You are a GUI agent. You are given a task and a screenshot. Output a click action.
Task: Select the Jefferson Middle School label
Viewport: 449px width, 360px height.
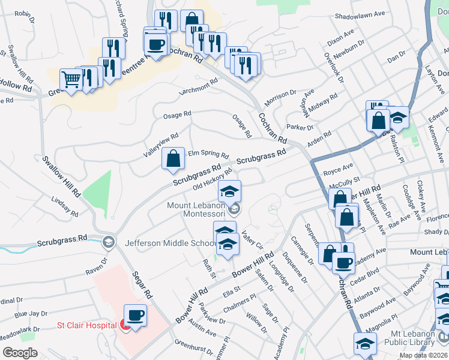point(170,243)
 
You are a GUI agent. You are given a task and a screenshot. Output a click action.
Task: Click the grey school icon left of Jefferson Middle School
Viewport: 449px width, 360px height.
point(109,242)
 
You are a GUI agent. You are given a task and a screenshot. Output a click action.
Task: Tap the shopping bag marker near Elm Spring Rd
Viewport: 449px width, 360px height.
point(173,159)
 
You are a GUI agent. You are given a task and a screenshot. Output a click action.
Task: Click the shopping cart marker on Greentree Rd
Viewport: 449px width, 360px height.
point(71,79)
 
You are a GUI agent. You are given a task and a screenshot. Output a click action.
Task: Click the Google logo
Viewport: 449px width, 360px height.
point(20,353)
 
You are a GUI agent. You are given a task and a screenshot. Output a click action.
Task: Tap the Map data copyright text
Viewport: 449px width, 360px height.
point(423,355)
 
